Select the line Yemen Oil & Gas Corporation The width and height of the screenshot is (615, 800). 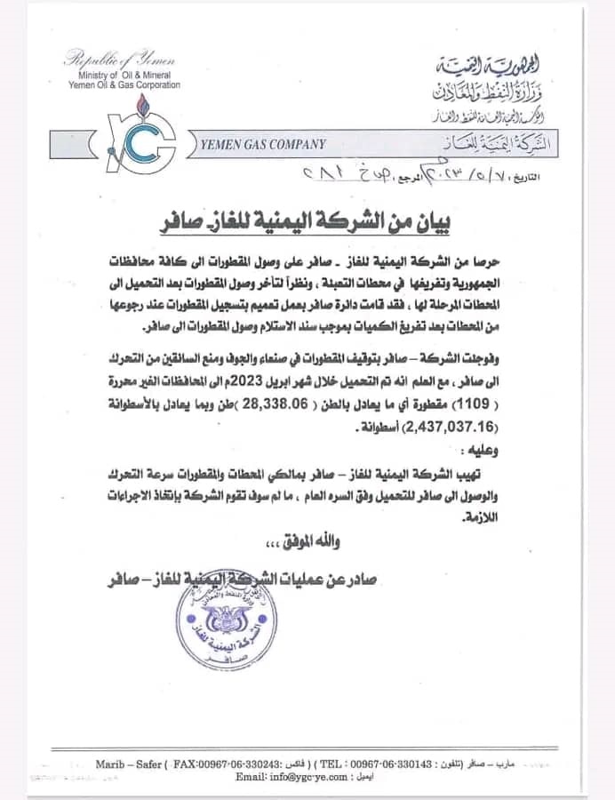[x=124, y=85]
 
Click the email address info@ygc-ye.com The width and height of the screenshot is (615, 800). [x=291, y=776]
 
